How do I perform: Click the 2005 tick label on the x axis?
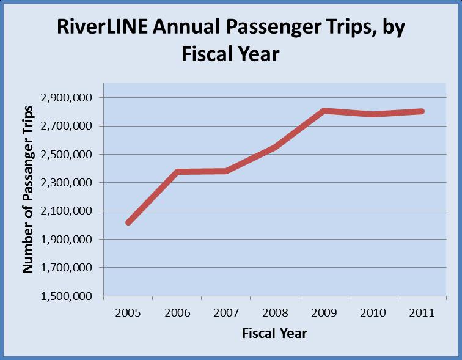pos(128,313)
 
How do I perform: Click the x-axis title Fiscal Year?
pos(274,334)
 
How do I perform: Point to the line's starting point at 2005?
pos(128,222)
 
